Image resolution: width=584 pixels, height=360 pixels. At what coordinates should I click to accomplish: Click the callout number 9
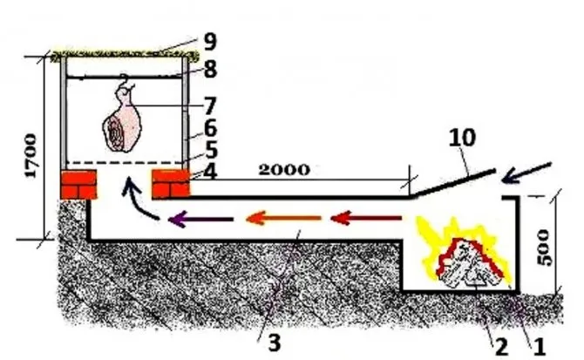210,41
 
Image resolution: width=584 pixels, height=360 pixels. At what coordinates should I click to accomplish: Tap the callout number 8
210,69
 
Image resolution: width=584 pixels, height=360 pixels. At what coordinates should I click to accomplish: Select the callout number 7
210,106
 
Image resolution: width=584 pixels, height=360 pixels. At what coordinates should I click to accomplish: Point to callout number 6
210,128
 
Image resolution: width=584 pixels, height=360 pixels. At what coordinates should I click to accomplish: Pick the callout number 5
211,150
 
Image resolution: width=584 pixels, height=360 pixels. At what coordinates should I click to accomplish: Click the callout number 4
210,172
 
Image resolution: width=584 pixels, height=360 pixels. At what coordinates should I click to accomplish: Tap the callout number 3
275,343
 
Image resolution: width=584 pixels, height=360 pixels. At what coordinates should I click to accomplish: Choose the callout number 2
501,347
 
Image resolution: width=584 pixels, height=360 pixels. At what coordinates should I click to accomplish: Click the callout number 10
462,138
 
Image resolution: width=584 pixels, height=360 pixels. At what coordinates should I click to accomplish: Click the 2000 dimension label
284,170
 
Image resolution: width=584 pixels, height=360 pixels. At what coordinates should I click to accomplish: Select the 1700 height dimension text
31,156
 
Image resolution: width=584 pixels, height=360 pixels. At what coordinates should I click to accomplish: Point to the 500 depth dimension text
544,248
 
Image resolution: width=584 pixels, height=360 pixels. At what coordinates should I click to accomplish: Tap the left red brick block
78,184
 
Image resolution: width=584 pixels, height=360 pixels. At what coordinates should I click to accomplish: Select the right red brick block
171,184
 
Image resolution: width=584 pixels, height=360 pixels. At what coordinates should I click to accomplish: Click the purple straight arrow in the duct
200,219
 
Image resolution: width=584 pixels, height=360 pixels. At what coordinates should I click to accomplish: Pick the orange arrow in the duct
284,218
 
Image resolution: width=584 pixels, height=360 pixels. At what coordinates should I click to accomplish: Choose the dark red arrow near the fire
366,218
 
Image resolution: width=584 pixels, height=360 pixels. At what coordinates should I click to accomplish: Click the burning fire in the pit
464,255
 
